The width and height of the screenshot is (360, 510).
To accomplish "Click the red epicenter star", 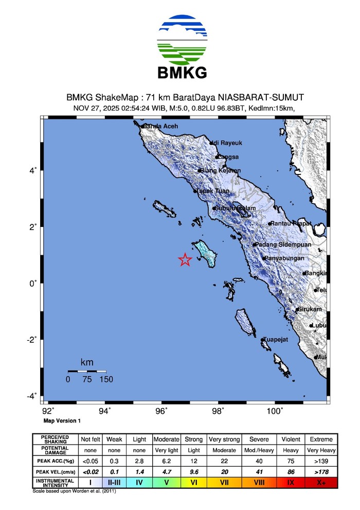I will (185, 260).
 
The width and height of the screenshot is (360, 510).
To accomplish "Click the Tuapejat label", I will (278, 340).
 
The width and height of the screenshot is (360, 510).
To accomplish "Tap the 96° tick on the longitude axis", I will (161, 410).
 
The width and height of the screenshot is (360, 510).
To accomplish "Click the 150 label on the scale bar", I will (106, 380).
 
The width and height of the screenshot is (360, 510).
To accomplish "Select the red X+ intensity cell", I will (321, 482).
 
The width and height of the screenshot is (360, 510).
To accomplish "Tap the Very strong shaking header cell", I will (222, 439).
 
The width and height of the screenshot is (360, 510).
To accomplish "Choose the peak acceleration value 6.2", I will (166, 461).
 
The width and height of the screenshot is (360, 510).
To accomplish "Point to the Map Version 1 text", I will (62, 420).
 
